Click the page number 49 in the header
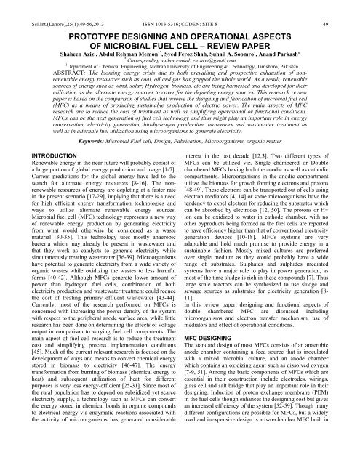(x=348, y=7)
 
